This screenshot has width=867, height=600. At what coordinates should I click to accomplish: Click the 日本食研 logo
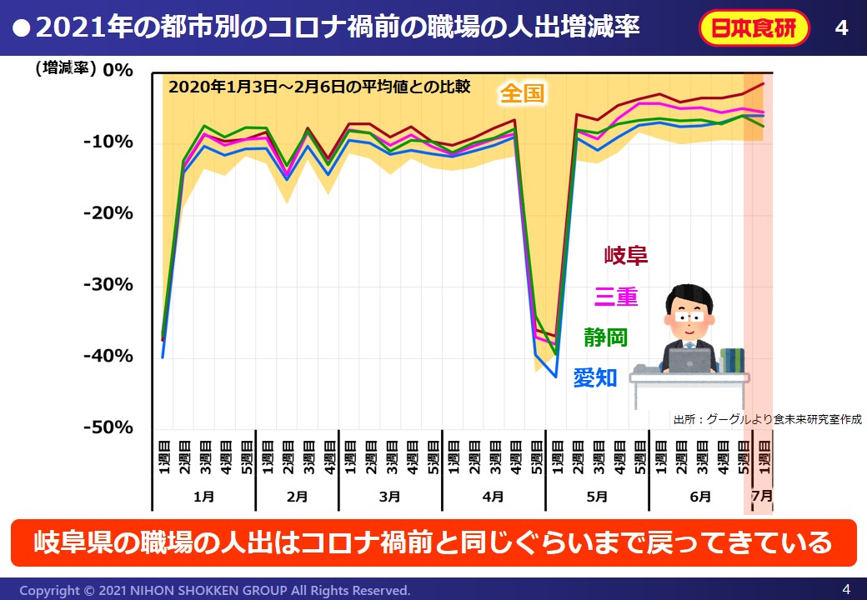pos(754,28)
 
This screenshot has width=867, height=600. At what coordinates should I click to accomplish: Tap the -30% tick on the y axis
pos(109,285)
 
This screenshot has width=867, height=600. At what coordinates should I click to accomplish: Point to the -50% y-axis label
pos(109,427)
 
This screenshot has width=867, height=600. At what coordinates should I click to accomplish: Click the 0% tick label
pos(118,70)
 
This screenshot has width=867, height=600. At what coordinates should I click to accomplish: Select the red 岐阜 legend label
pos(626,255)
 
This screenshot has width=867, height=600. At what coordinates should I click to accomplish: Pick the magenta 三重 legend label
pos(616,296)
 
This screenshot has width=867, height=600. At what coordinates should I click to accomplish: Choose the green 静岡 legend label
pos(606,337)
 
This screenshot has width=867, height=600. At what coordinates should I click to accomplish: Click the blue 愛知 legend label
pos(595,377)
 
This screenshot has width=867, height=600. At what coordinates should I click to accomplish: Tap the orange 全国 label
pos(522,93)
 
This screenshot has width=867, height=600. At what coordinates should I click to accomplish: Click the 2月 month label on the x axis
pos(297,497)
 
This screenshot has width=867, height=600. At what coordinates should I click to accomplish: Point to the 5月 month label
pos(597,497)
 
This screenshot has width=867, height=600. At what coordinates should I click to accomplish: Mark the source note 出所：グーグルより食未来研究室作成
pos(767,420)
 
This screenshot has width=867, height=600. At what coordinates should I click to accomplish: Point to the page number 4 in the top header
pos(841,28)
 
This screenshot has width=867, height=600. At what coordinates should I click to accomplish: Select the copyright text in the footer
pos(215,590)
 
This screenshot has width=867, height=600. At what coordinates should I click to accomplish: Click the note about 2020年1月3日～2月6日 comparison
pos(320,87)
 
